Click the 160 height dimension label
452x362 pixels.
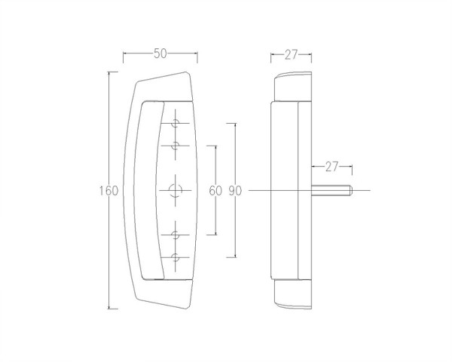click(x=108, y=191)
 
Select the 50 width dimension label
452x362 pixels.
click(x=160, y=54)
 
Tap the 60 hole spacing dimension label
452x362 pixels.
click(x=215, y=191)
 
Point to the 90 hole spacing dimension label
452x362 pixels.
click(x=235, y=191)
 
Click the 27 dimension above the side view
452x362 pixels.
click(x=291, y=54)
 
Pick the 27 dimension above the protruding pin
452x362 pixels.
click(x=331, y=167)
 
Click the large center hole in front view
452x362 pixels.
click(x=176, y=191)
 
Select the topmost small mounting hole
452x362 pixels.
click(x=176, y=123)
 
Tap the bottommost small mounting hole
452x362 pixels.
click(x=176, y=257)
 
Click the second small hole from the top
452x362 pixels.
click(x=176, y=146)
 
